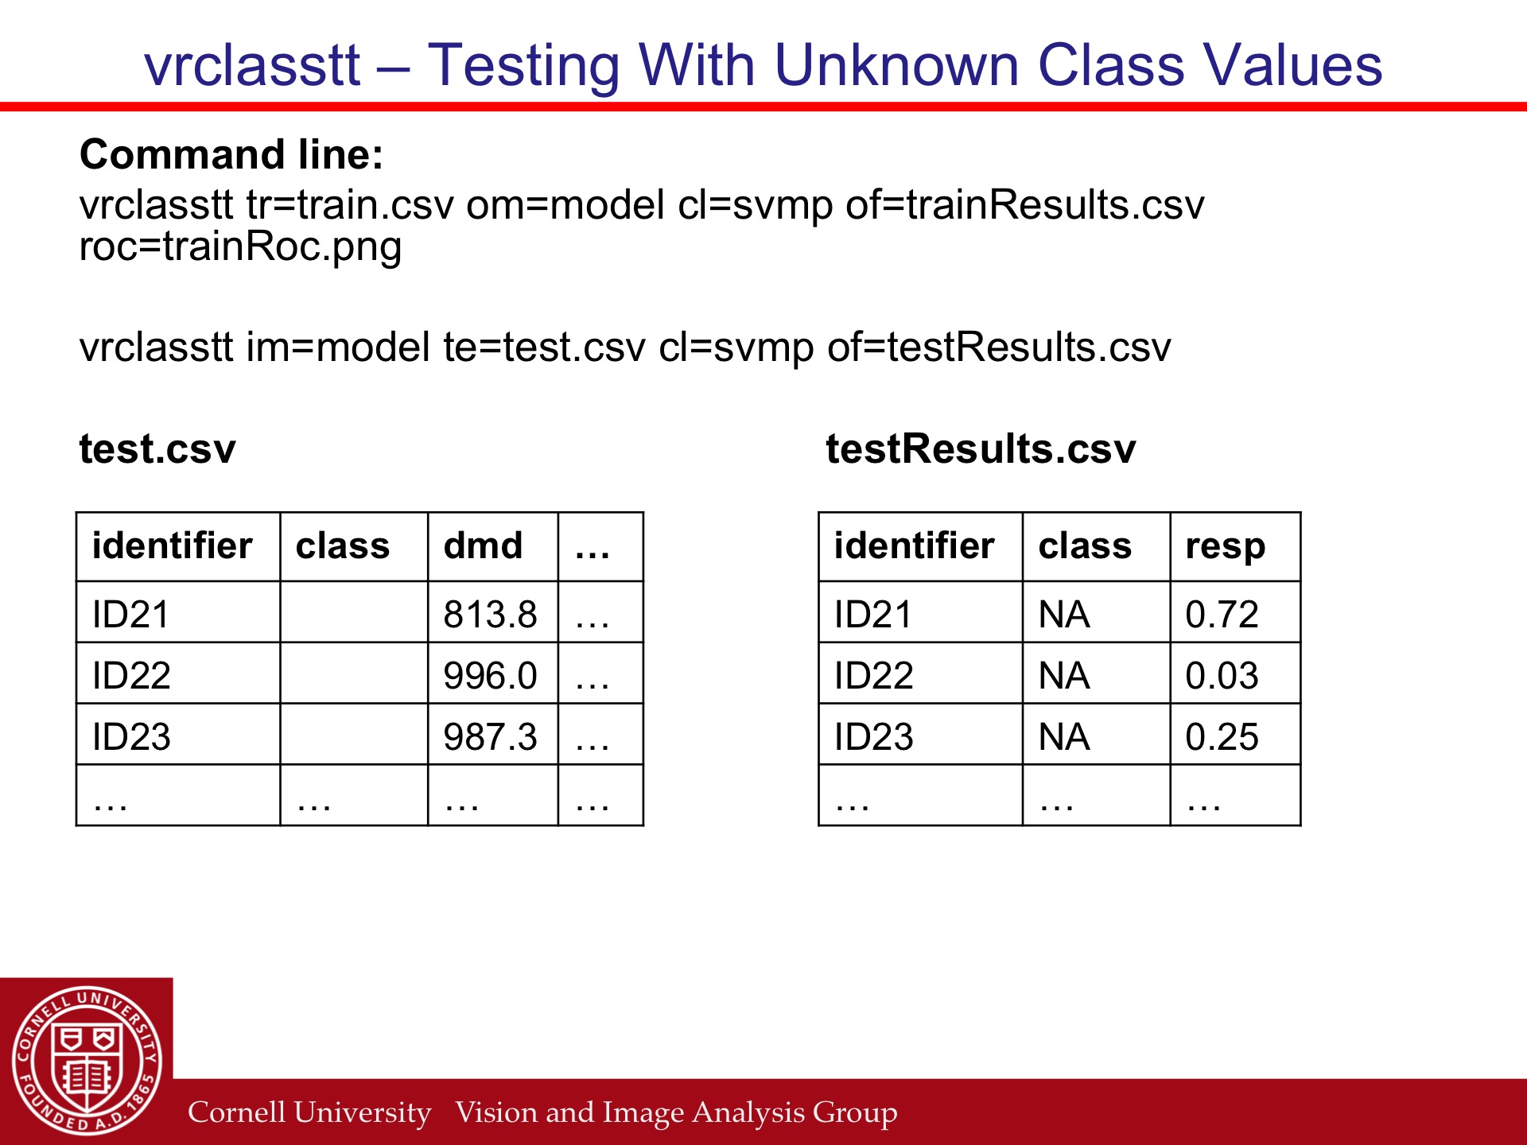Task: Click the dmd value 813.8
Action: [490, 615]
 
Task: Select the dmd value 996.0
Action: [490, 676]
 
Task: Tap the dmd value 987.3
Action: [490, 737]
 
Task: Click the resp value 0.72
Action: [1222, 615]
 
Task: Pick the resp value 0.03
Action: [1222, 676]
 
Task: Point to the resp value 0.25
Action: [1222, 737]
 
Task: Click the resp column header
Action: [1225, 547]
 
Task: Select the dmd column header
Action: [483, 545]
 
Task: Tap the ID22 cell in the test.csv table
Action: [131, 676]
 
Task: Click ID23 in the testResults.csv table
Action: [873, 737]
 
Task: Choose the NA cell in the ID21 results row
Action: [1064, 615]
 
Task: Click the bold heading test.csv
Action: [157, 449]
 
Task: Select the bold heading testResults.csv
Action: [981, 449]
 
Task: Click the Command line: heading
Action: [231, 154]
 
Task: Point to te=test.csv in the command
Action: [545, 347]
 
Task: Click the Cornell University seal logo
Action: [87, 1061]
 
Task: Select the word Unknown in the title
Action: [896, 65]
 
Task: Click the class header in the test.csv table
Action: [343, 545]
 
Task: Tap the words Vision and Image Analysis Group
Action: [676, 1112]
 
